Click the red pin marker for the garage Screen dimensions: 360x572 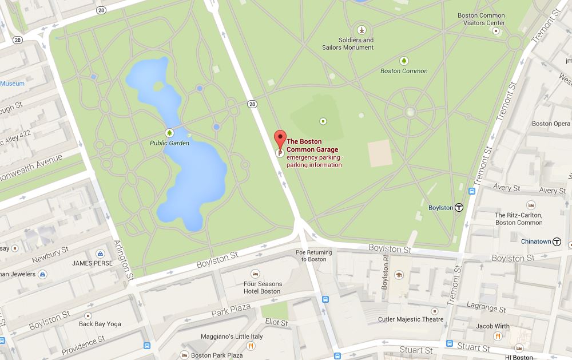(x=280, y=139)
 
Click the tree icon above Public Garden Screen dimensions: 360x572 (x=169, y=132)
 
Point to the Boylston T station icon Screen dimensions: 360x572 (x=459, y=208)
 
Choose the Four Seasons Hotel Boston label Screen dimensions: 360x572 (x=263, y=287)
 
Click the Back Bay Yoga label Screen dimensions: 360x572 (x=100, y=324)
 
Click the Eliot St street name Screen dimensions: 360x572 (x=276, y=323)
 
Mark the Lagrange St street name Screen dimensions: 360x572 (x=487, y=307)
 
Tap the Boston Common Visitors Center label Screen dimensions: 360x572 (x=481, y=19)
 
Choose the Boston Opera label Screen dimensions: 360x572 (x=551, y=124)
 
